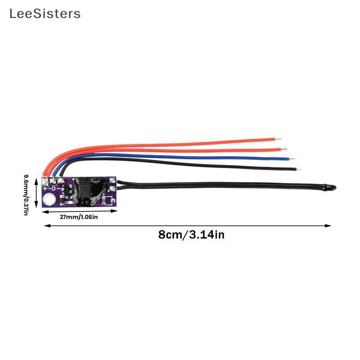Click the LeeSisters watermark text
click(x=45, y=14)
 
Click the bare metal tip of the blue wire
click(x=292, y=159)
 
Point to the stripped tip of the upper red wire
click(x=278, y=139)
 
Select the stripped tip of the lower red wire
click(x=284, y=149)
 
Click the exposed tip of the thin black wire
click(x=299, y=170)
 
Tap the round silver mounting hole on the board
click(x=49, y=199)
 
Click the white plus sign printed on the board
click(x=45, y=189)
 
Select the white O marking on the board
click(x=54, y=189)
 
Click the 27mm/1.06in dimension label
click(x=79, y=217)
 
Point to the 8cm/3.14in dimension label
click(x=191, y=234)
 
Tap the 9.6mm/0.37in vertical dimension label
click(x=27, y=195)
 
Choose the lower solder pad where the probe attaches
click(x=112, y=189)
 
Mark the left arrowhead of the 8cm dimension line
click(x=47, y=226)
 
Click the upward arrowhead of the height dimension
click(x=36, y=181)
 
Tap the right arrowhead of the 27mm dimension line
click(x=114, y=211)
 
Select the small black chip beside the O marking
click(x=65, y=189)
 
